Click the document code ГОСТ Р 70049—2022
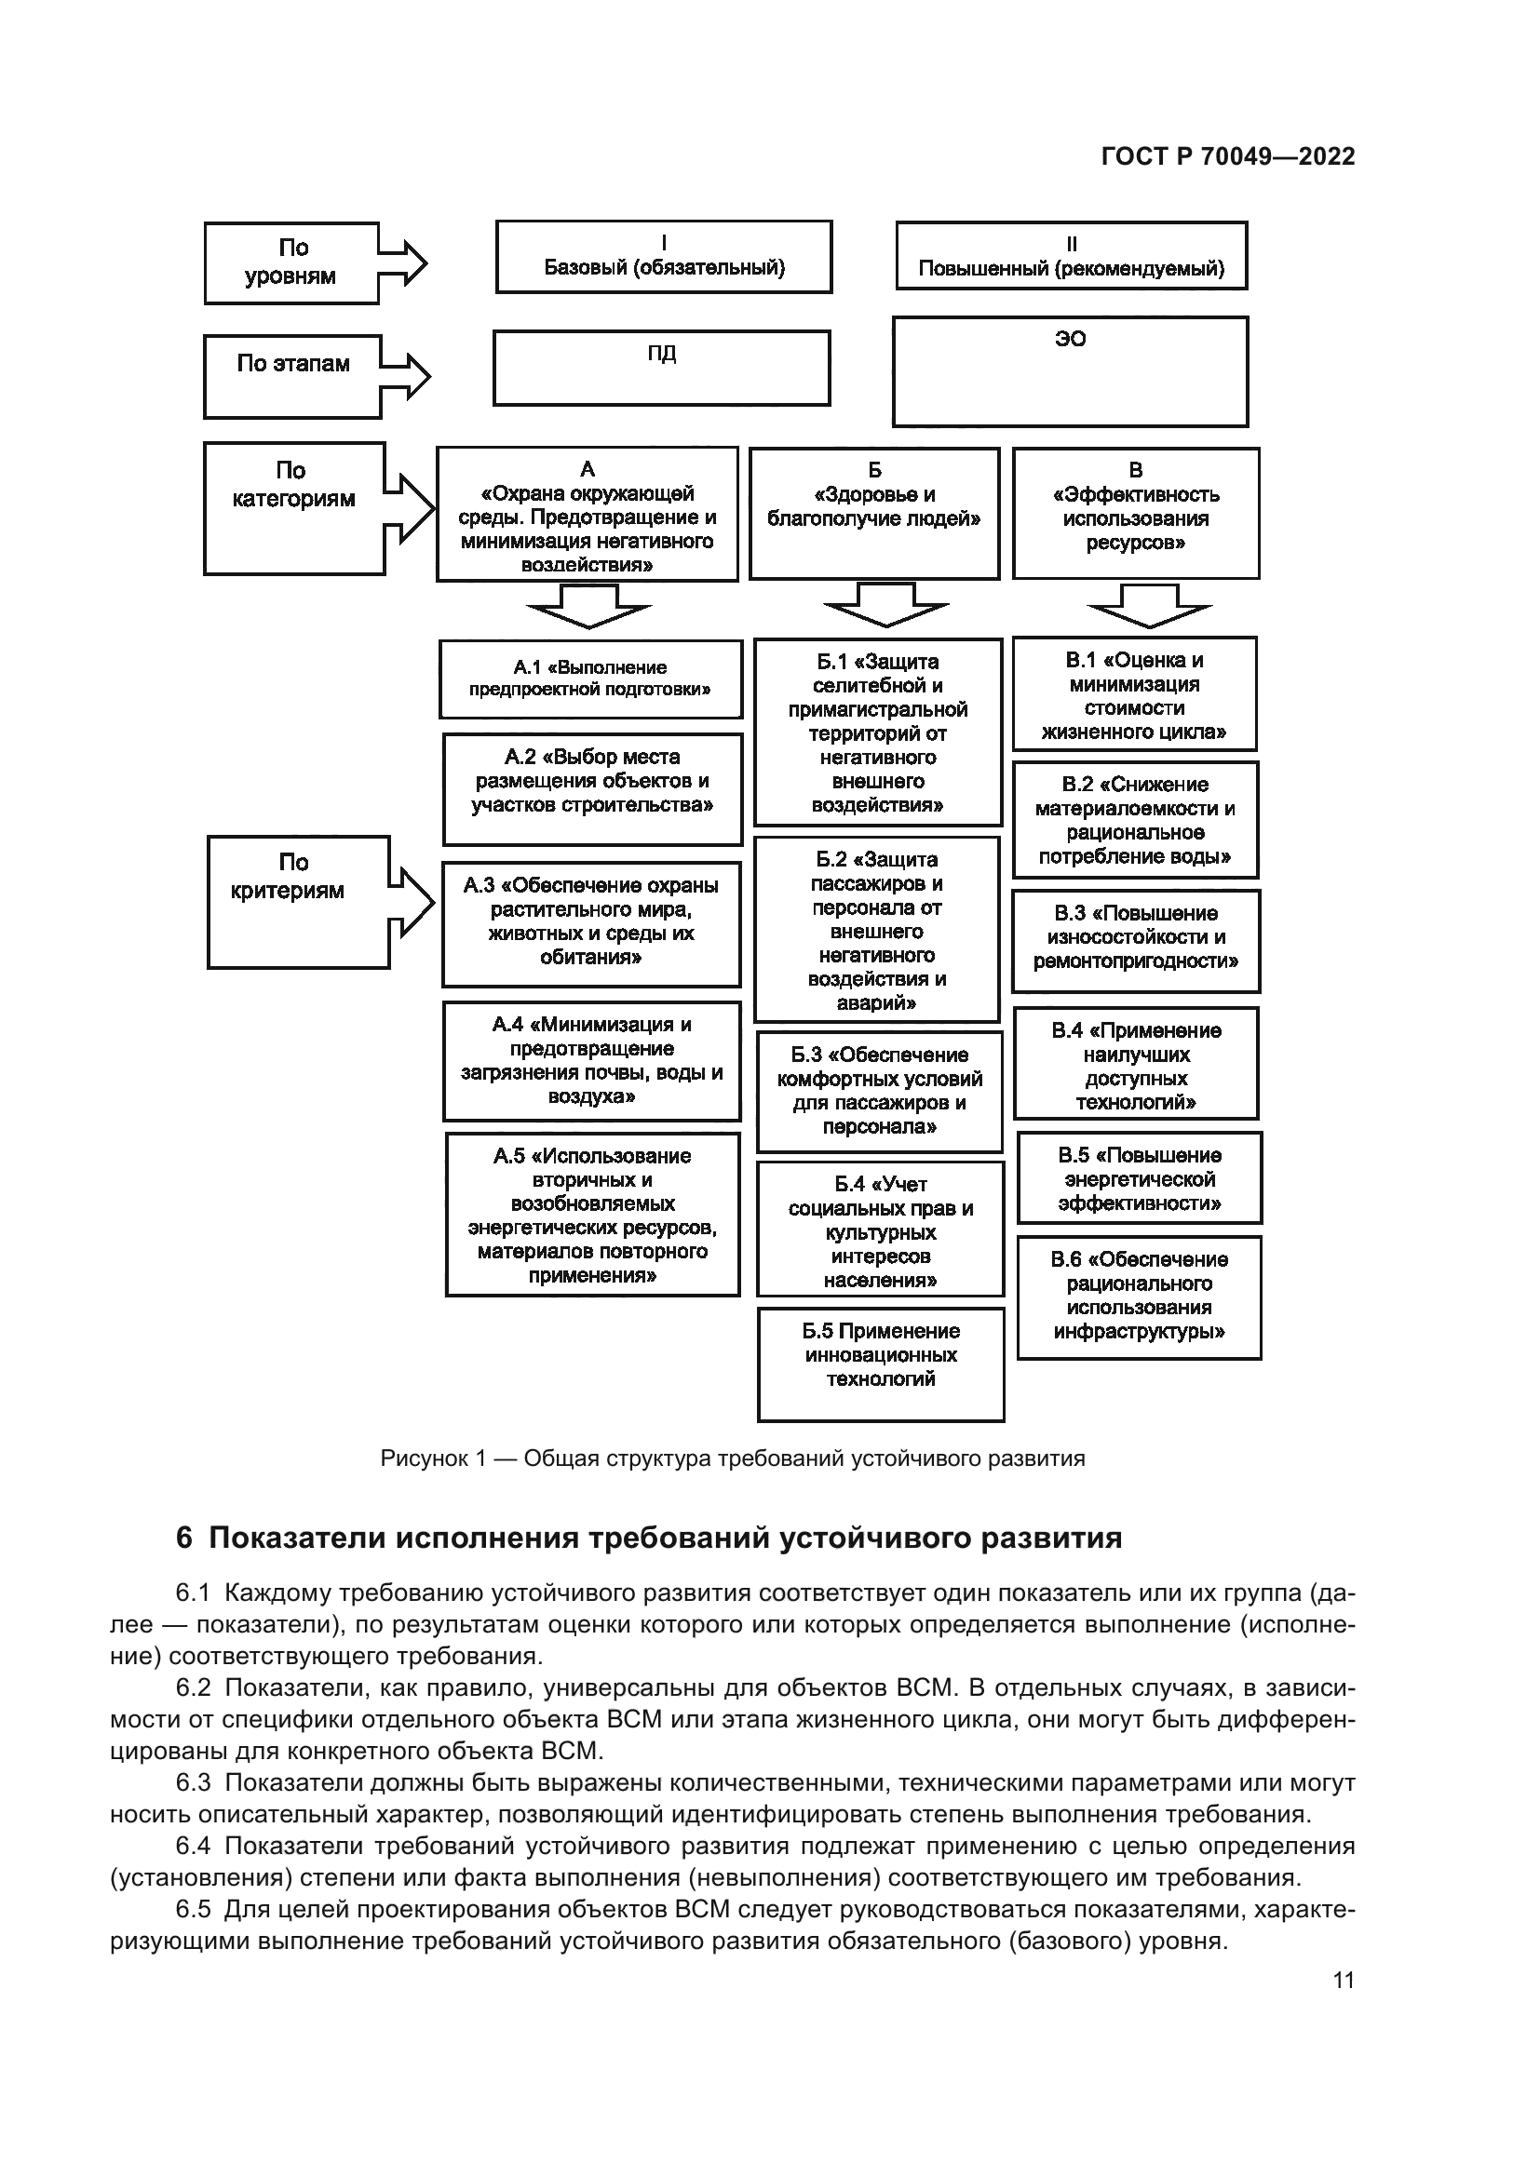click(x=1227, y=157)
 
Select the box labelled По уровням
click(x=291, y=262)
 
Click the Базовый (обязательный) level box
click(x=663, y=257)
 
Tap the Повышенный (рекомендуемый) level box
click(x=1071, y=256)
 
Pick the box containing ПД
click(x=661, y=368)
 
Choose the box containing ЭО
click(x=1070, y=371)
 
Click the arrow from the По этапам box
click(x=406, y=375)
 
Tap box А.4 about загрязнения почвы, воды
click(x=592, y=1061)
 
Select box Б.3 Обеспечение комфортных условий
click(x=879, y=1092)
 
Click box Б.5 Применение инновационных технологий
click(x=880, y=1364)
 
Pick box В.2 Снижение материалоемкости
click(x=1134, y=820)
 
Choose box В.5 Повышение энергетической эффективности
click(x=1139, y=1178)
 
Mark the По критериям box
click(x=298, y=902)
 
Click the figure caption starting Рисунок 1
click(x=732, y=1458)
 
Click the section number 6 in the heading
click(x=184, y=1538)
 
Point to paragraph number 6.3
click(x=193, y=1783)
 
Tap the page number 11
click(x=1343, y=1980)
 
